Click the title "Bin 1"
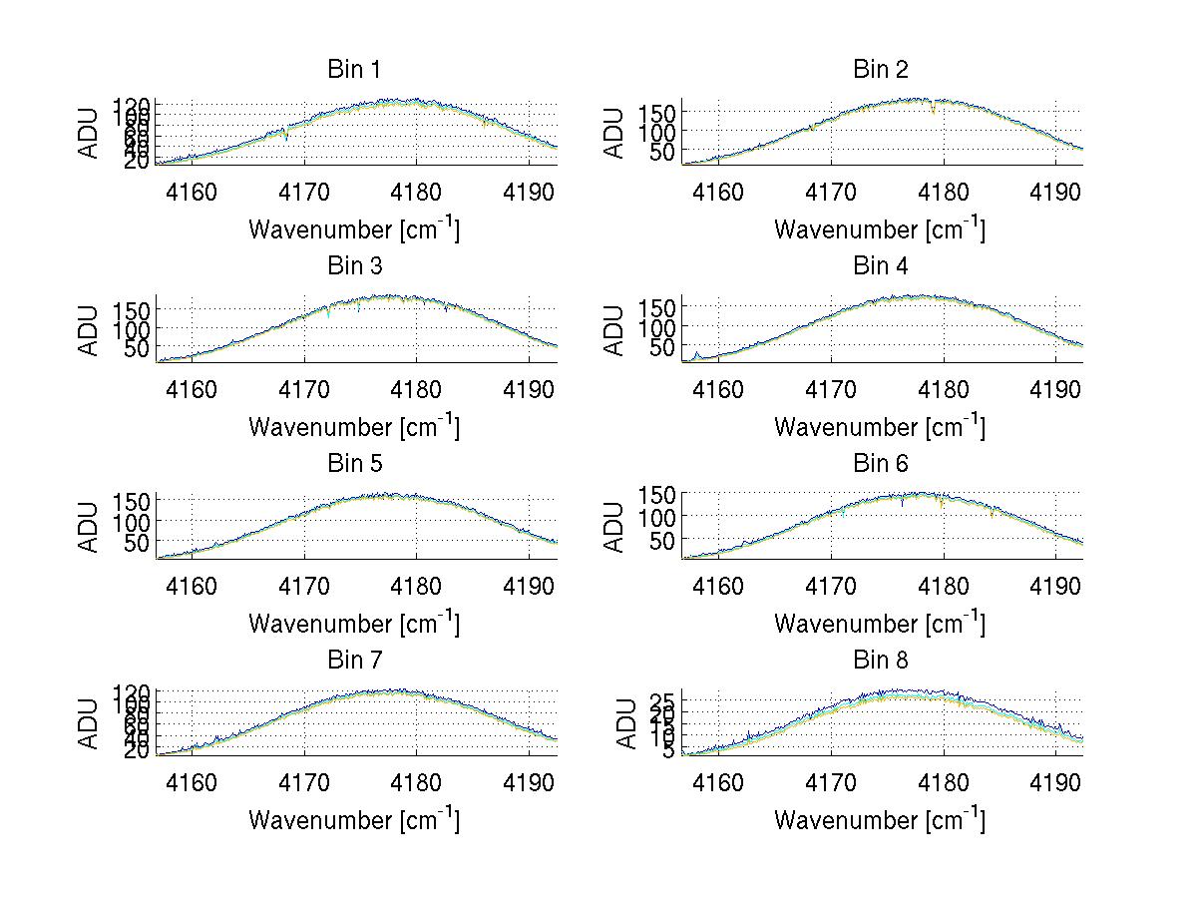pyautogui.click(x=354, y=70)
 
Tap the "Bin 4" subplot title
pyautogui.click(x=881, y=266)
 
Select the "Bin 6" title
pyautogui.click(x=881, y=464)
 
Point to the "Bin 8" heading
pyautogui.click(x=881, y=661)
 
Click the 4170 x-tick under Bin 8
pyautogui.click(x=831, y=782)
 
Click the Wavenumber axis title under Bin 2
pyautogui.click(x=879, y=229)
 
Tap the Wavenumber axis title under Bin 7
pyautogui.click(x=353, y=820)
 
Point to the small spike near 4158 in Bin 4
pyautogui.click(x=696, y=353)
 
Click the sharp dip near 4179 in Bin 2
pyautogui.click(x=934, y=111)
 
